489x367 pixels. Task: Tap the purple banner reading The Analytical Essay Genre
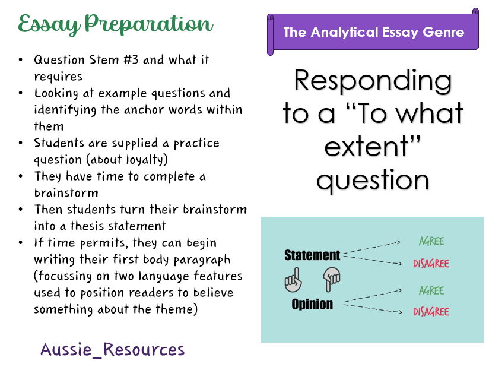(373, 32)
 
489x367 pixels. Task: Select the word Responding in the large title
(373, 81)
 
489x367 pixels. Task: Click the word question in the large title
(373, 180)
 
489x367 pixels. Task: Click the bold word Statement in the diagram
(312, 255)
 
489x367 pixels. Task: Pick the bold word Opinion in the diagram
(312, 304)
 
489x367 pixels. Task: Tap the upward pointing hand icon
(293, 280)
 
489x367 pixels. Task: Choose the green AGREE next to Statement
(431, 242)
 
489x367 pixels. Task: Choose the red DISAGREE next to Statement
(431, 264)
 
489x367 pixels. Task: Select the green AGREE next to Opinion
(431, 290)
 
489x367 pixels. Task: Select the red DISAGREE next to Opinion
(431, 312)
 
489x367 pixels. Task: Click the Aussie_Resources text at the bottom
(113, 350)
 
